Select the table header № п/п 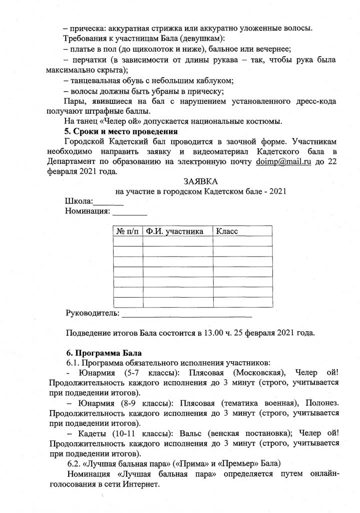128,231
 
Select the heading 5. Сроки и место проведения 118,132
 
